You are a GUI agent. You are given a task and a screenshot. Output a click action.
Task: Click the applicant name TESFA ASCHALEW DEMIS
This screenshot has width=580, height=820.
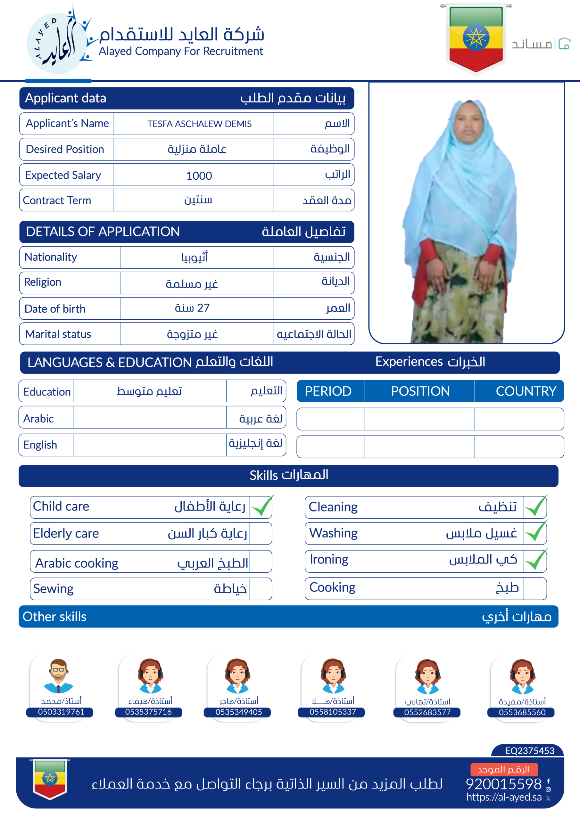pos(199,124)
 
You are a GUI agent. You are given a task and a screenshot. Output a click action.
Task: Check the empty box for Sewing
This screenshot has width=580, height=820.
pos(261,588)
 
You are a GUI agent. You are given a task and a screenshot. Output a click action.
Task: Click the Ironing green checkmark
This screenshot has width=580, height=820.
pos(536,560)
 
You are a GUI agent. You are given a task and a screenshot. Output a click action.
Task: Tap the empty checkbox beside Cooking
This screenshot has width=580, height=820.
pos(534,588)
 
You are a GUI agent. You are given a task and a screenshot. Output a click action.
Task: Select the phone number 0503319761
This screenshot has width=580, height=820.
pos(61,712)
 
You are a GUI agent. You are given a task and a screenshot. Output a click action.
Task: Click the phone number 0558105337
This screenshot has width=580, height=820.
pos(333,712)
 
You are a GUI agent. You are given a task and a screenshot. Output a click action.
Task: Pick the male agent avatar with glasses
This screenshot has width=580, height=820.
pos(59,676)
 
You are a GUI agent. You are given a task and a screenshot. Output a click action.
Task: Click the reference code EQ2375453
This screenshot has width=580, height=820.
pos(530,750)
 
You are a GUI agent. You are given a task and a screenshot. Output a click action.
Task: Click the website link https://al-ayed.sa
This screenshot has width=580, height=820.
pos(503,797)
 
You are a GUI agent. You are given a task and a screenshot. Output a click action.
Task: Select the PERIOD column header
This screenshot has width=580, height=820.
pos(328,391)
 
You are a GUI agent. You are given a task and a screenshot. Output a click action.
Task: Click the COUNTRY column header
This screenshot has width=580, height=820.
pos(526,391)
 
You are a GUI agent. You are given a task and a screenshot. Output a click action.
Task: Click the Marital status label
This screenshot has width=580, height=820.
pos(58,334)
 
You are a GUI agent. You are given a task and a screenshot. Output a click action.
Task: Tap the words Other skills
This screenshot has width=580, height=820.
pos(55,616)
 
